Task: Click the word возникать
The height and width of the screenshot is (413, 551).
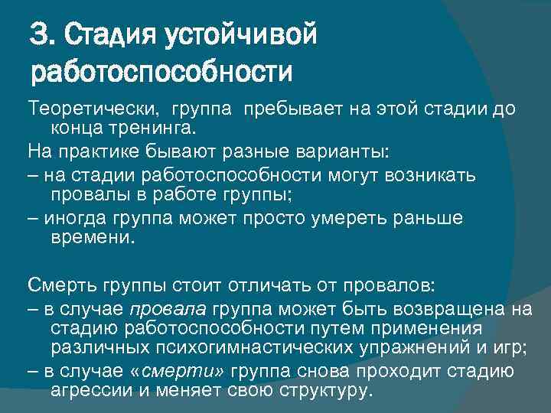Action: [x=432, y=175]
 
